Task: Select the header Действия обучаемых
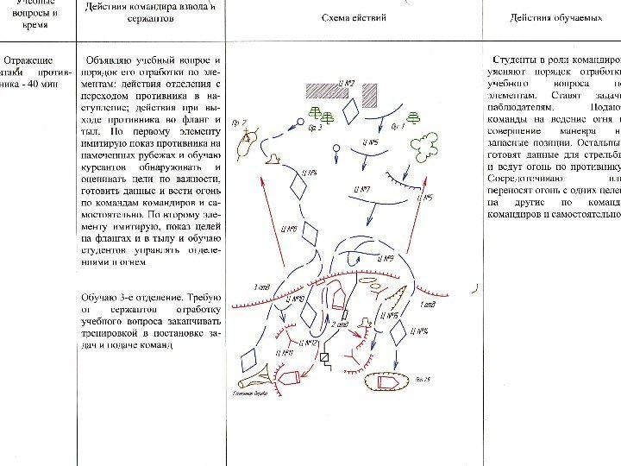pos(550,17)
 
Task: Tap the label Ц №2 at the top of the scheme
pos(348,83)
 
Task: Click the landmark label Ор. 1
pos(398,128)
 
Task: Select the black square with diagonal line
pos(325,356)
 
